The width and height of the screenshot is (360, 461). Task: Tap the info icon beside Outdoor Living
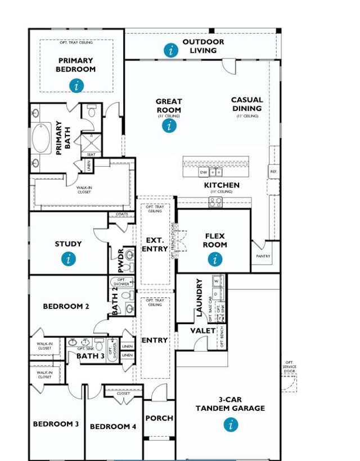tap(172, 50)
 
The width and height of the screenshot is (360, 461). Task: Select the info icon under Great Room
tap(169, 126)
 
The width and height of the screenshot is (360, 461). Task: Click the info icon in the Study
tap(68, 258)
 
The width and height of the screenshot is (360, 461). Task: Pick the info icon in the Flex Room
tap(215, 259)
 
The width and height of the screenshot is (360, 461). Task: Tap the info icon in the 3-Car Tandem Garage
tap(229, 424)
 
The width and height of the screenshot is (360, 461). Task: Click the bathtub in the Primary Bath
tap(41, 138)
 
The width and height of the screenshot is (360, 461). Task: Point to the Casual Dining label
tap(246, 104)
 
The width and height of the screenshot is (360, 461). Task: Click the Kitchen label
tap(221, 185)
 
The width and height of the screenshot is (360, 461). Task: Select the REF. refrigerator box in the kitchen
tap(273, 172)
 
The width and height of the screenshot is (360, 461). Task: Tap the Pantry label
tap(263, 256)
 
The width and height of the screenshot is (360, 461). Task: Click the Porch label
tap(159, 418)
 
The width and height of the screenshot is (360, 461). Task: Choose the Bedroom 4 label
tap(113, 427)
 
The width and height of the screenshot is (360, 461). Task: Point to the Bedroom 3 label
tap(56, 424)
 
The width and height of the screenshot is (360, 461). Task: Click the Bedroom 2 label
tap(66, 307)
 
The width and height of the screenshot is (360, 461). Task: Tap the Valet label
tap(203, 330)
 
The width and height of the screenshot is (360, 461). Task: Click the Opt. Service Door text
tap(289, 367)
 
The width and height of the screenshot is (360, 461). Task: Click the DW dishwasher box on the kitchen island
tap(204, 172)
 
